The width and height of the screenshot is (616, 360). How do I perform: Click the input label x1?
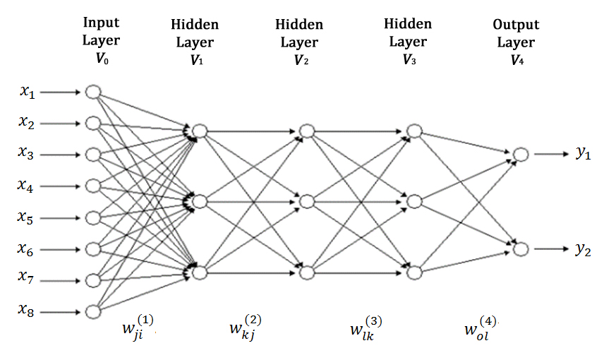pyautogui.click(x=27, y=92)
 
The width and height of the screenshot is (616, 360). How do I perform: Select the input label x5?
pyautogui.click(x=27, y=217)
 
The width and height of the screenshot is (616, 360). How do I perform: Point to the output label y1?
pyautogui.click(x=583, y=154)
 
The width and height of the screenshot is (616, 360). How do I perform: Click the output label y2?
pyautogui.click(x=583, y=249)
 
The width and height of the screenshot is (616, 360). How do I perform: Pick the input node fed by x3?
pyautogui.click(x=92, y=155)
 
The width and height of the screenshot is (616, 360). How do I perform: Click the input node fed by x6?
pyautogui.click(x=92, y=248)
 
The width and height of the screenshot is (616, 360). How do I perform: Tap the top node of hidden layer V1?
pyautogui.click(x=200, y=131)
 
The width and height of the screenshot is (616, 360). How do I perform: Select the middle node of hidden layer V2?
pyautogui.click(x=306, y=202)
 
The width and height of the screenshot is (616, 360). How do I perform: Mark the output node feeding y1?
pyautogui.click(x=521, y=155)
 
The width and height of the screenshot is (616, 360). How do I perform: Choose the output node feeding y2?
pyautogui.click(x=521, y=249)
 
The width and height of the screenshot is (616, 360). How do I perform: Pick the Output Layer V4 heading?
pyautogui.click(x=516, y=42)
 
